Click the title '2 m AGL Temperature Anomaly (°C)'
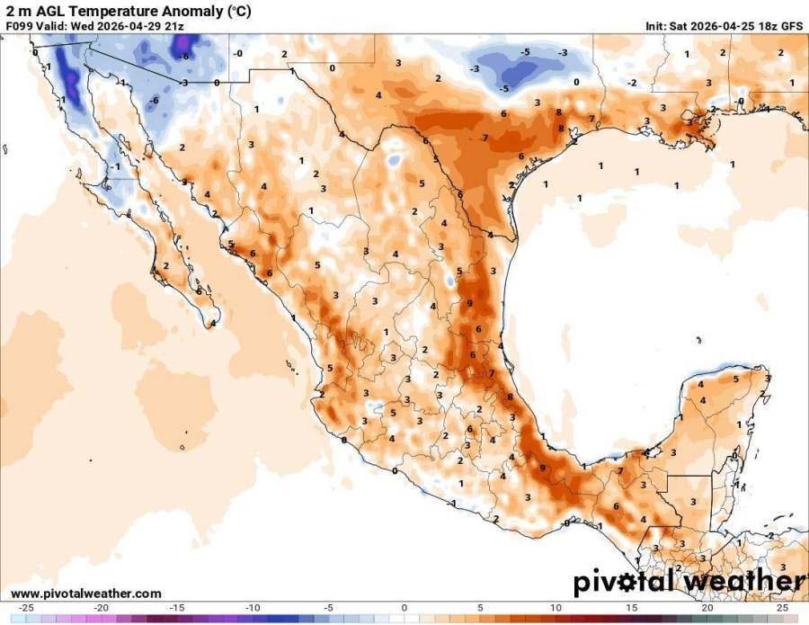pos(129,10)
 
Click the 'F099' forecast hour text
pos(20,26)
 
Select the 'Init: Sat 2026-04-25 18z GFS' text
pos(724,26)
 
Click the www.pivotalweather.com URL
pos(86,594)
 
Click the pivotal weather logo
pos(689,582)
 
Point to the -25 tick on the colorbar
pos(26,608)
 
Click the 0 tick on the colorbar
pos(404,608)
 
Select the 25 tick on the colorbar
pos(782,608)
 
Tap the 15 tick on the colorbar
pos(632,608)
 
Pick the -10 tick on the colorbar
pos(253,608)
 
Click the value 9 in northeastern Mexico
pos(470,304)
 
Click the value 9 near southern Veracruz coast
pos(542,468)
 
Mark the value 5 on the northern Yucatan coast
pos(734,379)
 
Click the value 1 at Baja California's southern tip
pos(214,324)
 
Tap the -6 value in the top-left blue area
pos(184,56)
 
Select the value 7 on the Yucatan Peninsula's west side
pos(620,471)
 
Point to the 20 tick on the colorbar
pos(707,608)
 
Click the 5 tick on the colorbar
pos(480,608)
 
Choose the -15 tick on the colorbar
pos(178,608)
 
